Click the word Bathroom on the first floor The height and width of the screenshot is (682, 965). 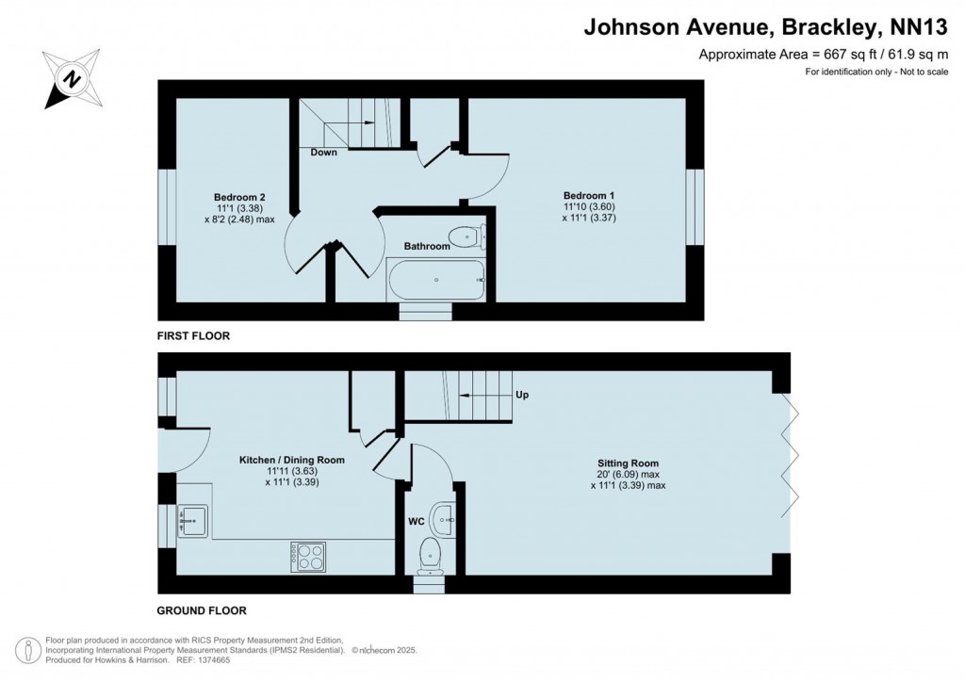coord(427,247)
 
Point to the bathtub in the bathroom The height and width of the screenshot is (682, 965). coord(436,279)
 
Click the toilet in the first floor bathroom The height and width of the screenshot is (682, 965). coord(464,236)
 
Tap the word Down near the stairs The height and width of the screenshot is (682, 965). coord(323,153)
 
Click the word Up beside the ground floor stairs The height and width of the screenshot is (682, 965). coord(521,395)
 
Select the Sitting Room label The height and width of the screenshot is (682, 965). coord(628,463)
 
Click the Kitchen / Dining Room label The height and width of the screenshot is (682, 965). coord(291,461)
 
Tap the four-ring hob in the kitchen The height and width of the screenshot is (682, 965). coord(307,556)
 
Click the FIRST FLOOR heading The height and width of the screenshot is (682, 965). coord(193,335)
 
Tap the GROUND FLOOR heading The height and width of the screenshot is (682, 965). coord(201,610)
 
